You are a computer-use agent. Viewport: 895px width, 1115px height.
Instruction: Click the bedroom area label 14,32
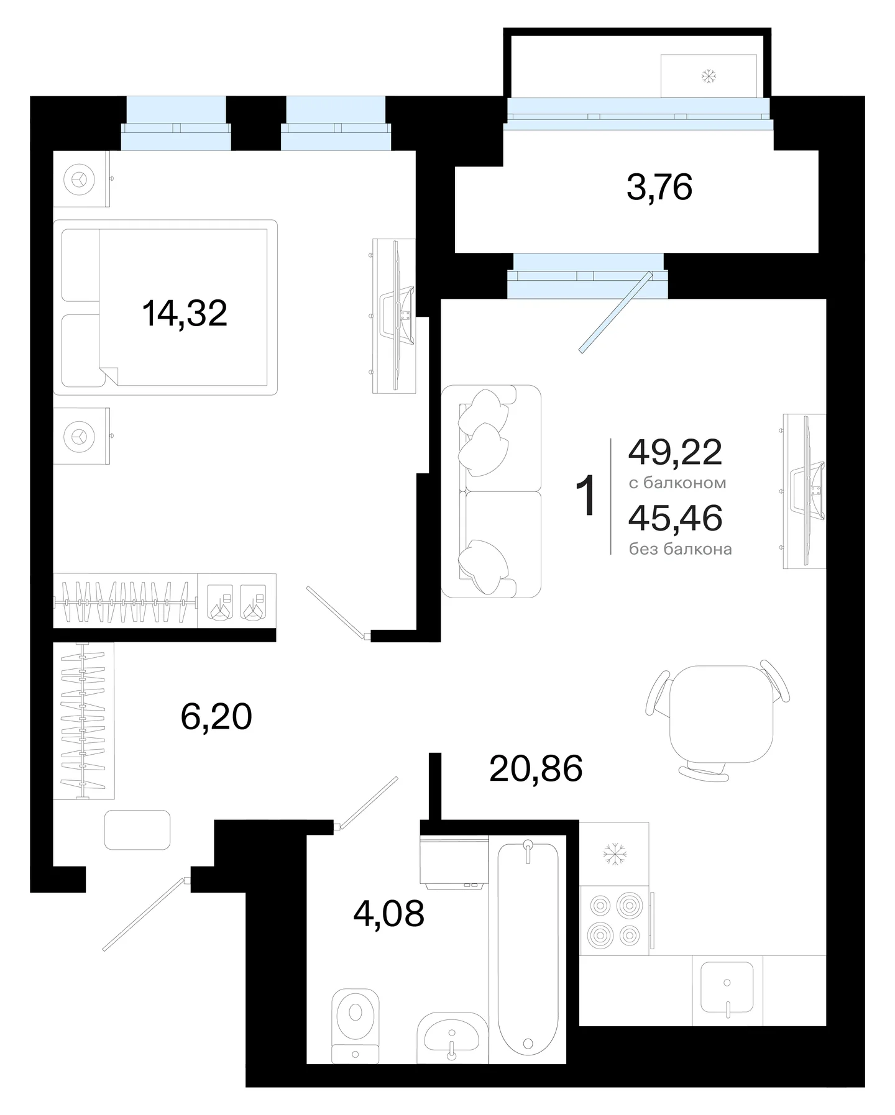point(185,313)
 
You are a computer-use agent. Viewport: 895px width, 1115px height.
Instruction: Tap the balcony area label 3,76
point(659,187)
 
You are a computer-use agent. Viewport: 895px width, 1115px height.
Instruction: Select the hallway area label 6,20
point(216,717)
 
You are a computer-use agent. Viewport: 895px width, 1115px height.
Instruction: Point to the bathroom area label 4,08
point(389,914)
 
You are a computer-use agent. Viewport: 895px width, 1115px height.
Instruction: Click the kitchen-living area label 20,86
point(536,768)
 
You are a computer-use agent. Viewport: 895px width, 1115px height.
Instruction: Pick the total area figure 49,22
point(676,452)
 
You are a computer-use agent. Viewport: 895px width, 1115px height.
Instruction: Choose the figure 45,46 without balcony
point(676,518)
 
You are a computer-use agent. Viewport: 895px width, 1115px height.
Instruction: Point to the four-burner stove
point(615,920)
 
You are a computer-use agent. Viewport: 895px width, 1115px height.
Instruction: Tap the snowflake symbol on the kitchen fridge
point(615,854)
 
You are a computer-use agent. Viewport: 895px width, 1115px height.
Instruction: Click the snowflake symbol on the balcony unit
point(709,76)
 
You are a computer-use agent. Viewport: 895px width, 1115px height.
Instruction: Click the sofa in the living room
point(491,491)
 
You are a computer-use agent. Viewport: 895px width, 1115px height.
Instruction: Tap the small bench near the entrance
point(137,830)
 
